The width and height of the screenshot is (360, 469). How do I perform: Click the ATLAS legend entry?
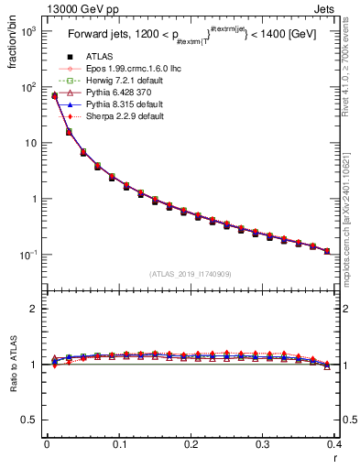(x=99, y=57)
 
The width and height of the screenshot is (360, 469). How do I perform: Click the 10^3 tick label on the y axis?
(x=29, y=30)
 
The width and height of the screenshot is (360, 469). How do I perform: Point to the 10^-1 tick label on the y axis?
(x=29, y=255)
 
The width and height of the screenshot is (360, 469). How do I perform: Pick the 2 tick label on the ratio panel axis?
(x=34, y=309)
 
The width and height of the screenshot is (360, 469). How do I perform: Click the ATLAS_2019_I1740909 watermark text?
(x=190, y=274)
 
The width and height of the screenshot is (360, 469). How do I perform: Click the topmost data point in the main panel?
(x=55, y=95)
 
